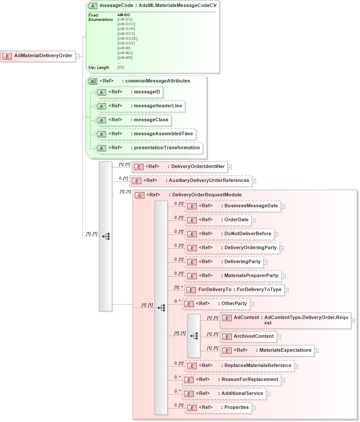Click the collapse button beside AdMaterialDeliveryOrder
(x=77, y=56)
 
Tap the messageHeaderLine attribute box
(x=140, y=106)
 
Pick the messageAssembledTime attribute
(x=145, y=134)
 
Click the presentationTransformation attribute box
(x=149, y=148)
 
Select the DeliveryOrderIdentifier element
(x=179, y=167)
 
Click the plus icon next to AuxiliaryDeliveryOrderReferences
(x=254, y=181)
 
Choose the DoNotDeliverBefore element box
(x=230, y=234)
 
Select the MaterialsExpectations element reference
(x=267, y=350)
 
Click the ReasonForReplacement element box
(x=231, y=380)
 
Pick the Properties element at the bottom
(x=218, y=408)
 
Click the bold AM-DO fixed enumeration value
(x=123, y=15)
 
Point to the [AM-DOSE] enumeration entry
(x=127, y=38)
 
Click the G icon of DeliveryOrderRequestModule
(x=140, y=195)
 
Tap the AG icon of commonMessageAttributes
(x=93, y=81)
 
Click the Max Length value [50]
(x=121, y=68)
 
